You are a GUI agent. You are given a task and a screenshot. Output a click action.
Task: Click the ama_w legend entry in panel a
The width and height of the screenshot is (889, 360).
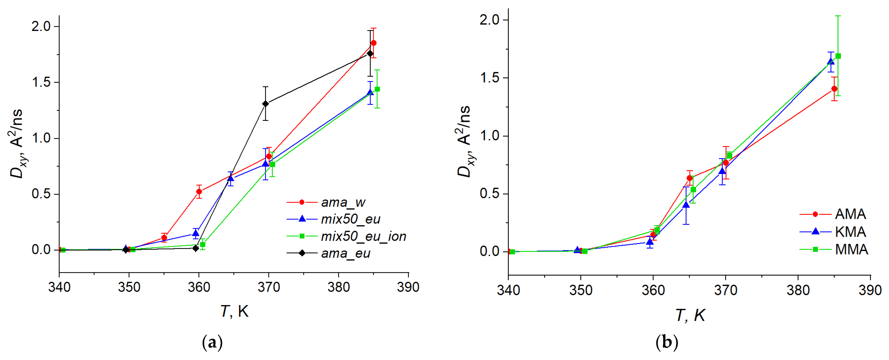[x=343, y=202]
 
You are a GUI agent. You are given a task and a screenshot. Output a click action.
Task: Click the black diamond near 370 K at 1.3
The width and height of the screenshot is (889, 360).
[x=265, y=104]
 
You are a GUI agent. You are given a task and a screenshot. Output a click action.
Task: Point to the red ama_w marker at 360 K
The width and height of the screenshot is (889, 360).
[x=199, y=192]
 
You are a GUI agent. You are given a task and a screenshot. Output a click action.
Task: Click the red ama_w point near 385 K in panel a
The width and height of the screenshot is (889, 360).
[x=373, y=43]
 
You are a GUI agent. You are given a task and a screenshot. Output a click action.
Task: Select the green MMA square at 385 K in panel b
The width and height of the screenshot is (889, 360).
[x=838, y=56]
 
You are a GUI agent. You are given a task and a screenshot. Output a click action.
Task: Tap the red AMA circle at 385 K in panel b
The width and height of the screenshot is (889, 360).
[x=834, y=89]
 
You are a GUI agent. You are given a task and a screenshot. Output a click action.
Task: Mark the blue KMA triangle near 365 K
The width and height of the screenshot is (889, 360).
[x=686, y=205]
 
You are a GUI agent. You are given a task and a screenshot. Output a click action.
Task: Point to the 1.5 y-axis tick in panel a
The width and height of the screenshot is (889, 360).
[x=40, y=82]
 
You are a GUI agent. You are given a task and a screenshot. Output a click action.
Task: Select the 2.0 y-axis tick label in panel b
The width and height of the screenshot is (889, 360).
[x=489, y=20]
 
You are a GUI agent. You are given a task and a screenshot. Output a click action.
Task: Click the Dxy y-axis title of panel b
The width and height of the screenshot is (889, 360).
[x=464, y=142]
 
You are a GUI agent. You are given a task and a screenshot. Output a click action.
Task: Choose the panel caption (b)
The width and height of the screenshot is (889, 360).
[x=667, y=343]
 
